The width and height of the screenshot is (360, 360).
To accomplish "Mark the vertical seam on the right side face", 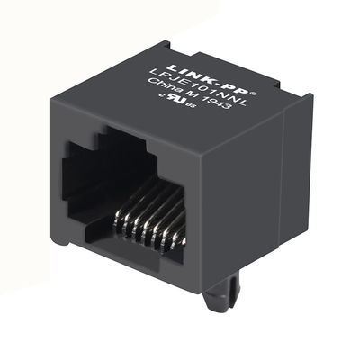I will (286, 180).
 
